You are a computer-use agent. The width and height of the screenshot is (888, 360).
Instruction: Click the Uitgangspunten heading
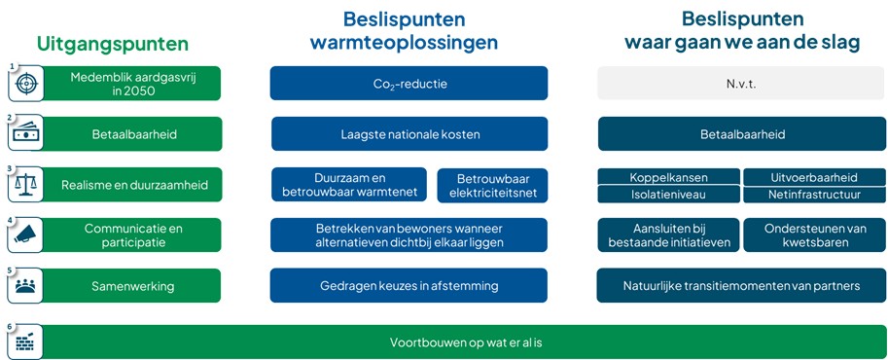click(112, 44)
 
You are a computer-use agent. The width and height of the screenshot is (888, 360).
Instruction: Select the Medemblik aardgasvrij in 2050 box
click(133, 84)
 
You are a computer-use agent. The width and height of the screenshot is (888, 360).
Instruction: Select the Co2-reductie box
click(409, 84)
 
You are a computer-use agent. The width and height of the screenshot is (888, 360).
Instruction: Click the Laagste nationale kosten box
click(409, 134)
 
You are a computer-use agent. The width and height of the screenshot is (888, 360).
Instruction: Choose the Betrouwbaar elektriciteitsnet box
click(492, 185)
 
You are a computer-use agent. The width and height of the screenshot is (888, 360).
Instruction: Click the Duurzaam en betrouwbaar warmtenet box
click(350, 185)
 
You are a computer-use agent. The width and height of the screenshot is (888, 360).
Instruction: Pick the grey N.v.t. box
click(741, 84)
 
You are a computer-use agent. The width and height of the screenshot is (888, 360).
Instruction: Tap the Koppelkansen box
click(668, 177)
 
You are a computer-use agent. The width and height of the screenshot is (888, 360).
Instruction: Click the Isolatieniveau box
click(668, 195)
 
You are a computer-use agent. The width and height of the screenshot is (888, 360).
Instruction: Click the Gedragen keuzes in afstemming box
click(409, 286)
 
